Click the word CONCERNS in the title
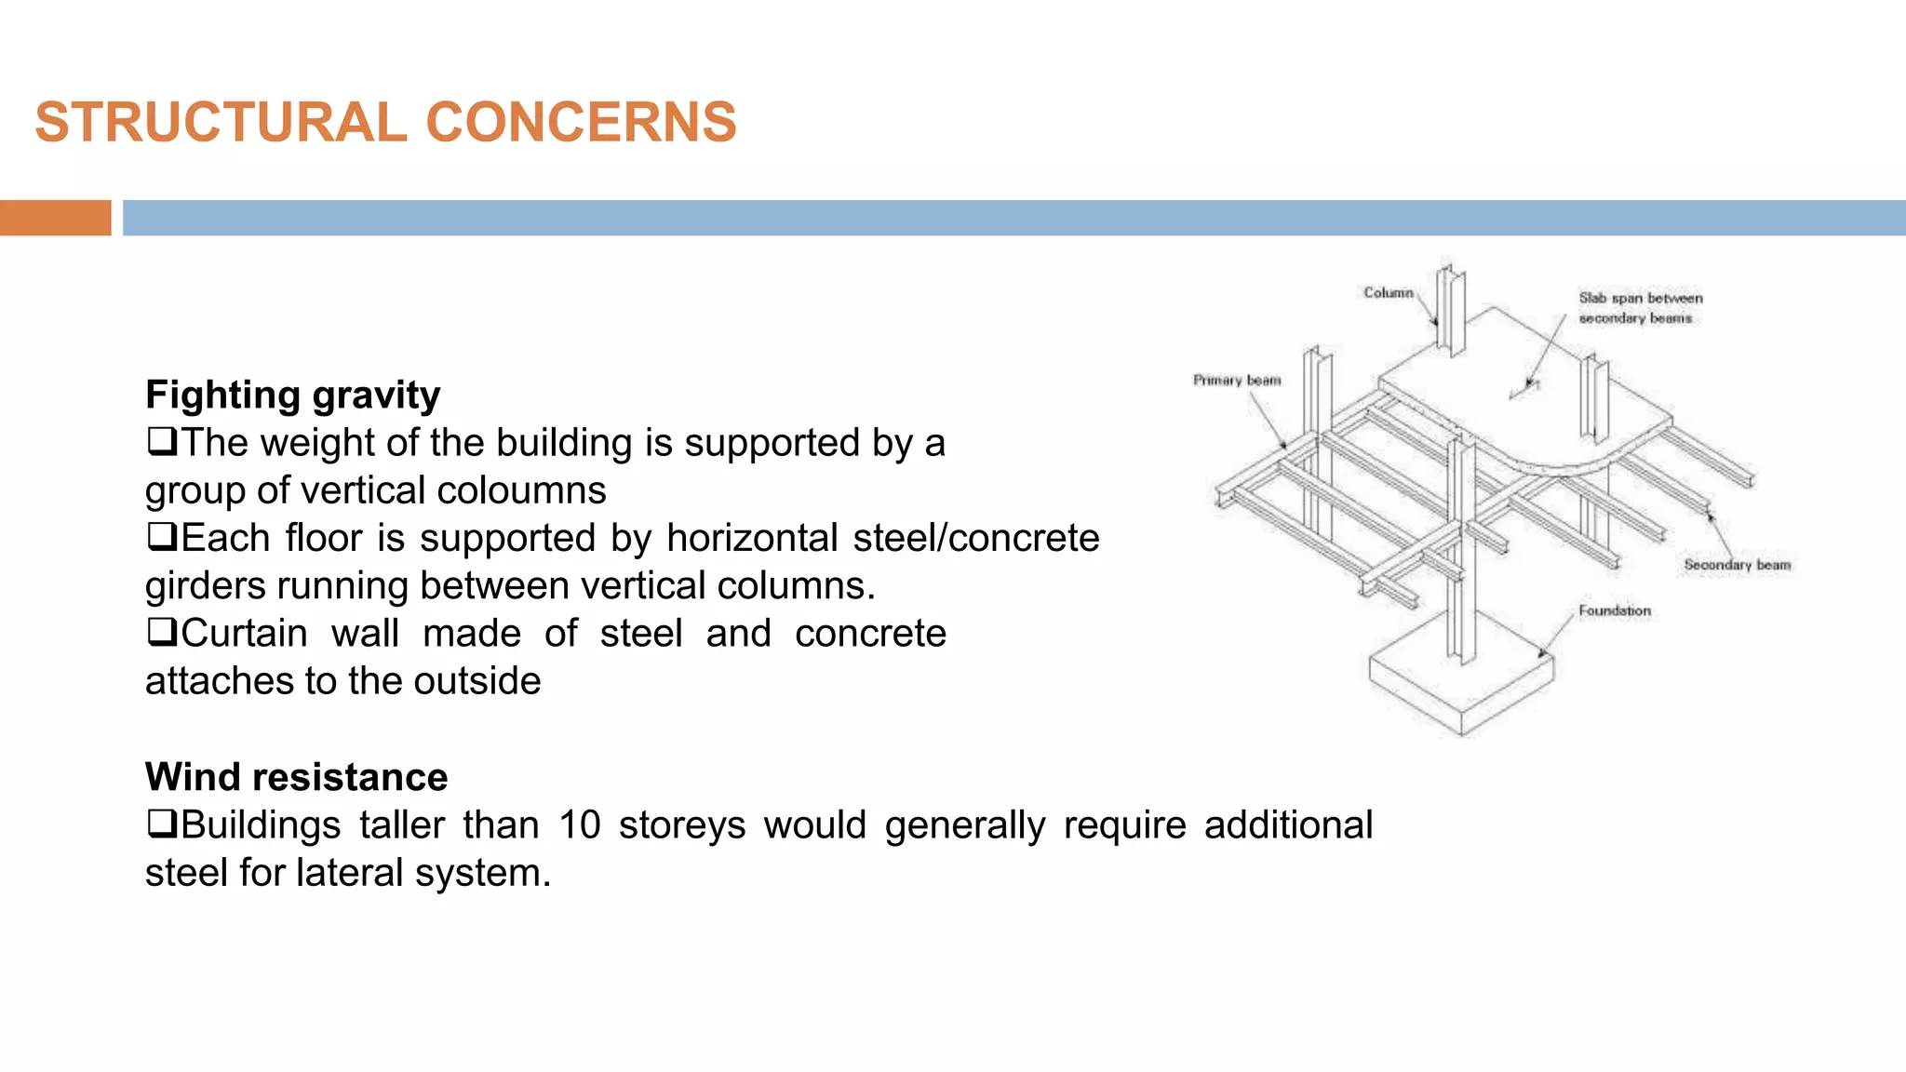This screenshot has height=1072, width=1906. (x=581, y=123)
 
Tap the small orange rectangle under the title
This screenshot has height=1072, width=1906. (x=55, y=218)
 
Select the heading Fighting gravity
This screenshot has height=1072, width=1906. (x=292, y=395)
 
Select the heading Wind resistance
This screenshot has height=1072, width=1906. (x=296, y=777)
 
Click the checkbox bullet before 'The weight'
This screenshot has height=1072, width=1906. (x=161, y=441)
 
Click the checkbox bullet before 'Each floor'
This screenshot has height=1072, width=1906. (x=161, y=537)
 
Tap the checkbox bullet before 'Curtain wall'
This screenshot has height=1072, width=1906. (x=161, y=633)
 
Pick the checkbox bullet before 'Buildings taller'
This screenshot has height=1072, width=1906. (x=161, y=824)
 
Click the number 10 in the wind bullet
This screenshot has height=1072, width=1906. (x=579, y=825)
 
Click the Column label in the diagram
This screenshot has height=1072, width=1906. (x=1388, y=293)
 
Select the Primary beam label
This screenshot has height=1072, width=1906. (x=1237, y=381)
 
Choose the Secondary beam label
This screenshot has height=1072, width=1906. (x=1737, y=565)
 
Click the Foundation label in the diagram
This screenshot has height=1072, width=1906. (x=1615, y=611)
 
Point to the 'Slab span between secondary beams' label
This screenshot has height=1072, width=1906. (x=1639, y=308)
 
